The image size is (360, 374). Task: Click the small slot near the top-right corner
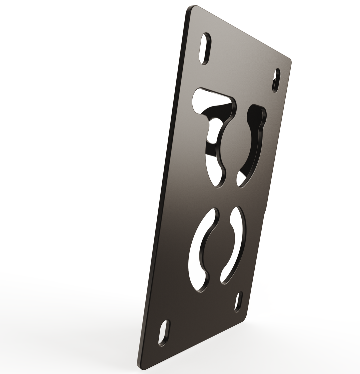(x=276, y=80)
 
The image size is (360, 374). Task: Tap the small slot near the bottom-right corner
(x=238, y=302)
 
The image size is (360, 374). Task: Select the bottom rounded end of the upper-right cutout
(x=240, y=178)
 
